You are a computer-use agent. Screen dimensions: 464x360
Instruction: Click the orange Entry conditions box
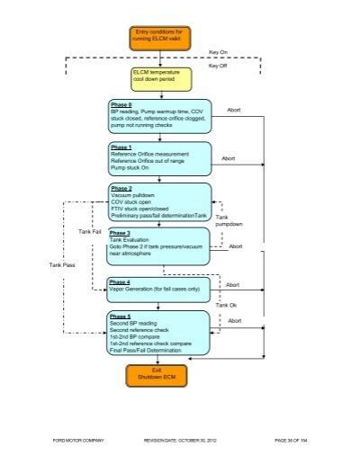[x=157, y=38]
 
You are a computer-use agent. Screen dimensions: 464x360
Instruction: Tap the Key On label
[x=219, y=52]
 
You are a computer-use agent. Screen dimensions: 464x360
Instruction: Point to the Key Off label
[x=219, y=67]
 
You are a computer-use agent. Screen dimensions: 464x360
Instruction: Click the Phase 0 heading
[x=121, y=105]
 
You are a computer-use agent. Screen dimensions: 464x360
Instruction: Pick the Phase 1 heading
[x=121, y=147]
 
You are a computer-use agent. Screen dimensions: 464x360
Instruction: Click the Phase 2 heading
[x=121, y=189]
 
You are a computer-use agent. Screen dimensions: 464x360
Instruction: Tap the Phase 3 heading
[x=121, y=234]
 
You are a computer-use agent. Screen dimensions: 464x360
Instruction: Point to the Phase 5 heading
[x=121, y=317]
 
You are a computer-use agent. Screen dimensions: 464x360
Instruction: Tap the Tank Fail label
[x=90, y=232]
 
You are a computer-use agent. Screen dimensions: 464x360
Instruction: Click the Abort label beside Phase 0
[x=234, y=110]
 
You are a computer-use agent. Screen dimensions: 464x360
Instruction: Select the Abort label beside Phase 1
[x=228, y=157]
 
